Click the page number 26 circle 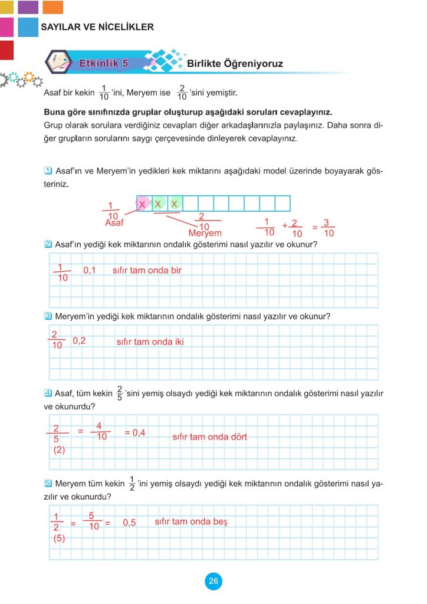pyautogui.click(x=213, y=582)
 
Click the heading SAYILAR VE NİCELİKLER pyautogui.click(x=97, y=27)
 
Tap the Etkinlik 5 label pyautogui.click(x=103, y=64)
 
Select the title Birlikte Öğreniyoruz pyautogui.click(x=235, y=64)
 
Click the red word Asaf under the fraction pyautogui.click(x=114, y=224)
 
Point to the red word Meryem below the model pyautogui.click(x=205, y=234)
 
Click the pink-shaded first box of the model pyautogui.click(x=143, y=203)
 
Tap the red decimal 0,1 pyautogui.click(x=90, y=271)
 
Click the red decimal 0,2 pyautogui.click(x=80, y=341)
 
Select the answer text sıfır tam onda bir pyautogui.click(x=147, y=271)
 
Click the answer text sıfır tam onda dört pyautogui.click(x=209, y=437)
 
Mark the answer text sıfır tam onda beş pyautogui.click(x=190, y=522)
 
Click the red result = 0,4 pyautogui.click(x=135, y=432)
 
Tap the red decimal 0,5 pyautogui.click(x=129, y=523)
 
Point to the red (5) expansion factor pyautogui.click(x=59, y=539)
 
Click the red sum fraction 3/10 pyautogui.click(x=329, y=228)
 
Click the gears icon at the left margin pyautogui.click(x=21, y=80)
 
